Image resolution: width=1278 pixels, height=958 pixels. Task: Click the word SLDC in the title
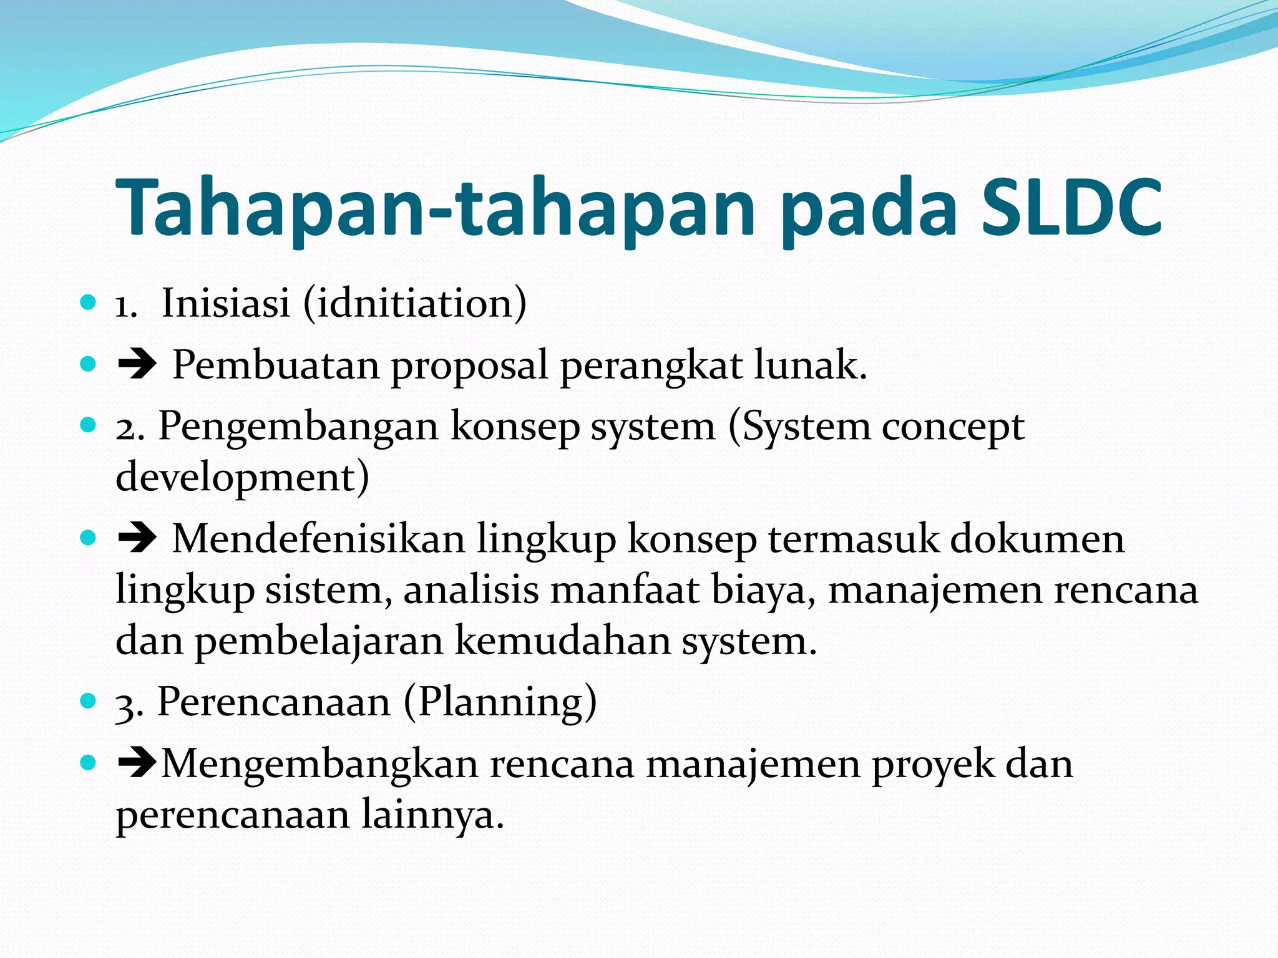coord(1071,208)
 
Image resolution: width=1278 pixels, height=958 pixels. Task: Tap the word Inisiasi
coord(226,303)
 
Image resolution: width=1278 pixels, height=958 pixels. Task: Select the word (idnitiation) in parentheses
coord(415,303)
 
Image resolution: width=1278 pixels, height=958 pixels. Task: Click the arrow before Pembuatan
coord(137,365)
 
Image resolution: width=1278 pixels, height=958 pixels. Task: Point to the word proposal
coord(469,367)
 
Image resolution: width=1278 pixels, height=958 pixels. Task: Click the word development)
coord(242,478)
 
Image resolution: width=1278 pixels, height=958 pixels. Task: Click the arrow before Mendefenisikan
coord(137,539)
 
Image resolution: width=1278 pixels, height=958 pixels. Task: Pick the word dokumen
coord(1037,539)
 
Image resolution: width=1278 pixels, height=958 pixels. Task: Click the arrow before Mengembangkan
coord(137,764)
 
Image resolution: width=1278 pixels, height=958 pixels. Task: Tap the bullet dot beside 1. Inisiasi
coord(89,303)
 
